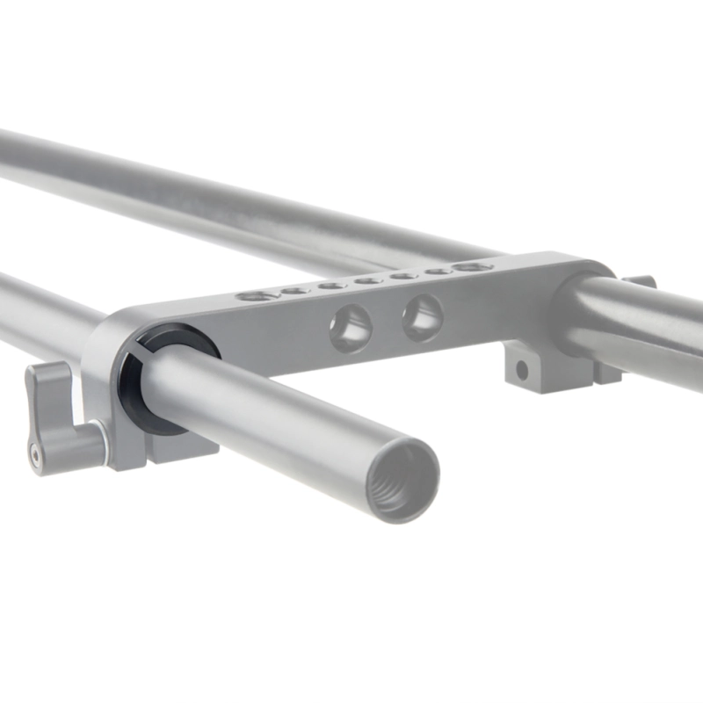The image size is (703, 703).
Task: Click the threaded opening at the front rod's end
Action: pyautogui.click(x=402, y=482)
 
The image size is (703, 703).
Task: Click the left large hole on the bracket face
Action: pyautogui.click(x=351, y=326)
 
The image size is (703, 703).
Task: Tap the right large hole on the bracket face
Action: pyautogui.click(x=423, y=316)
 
